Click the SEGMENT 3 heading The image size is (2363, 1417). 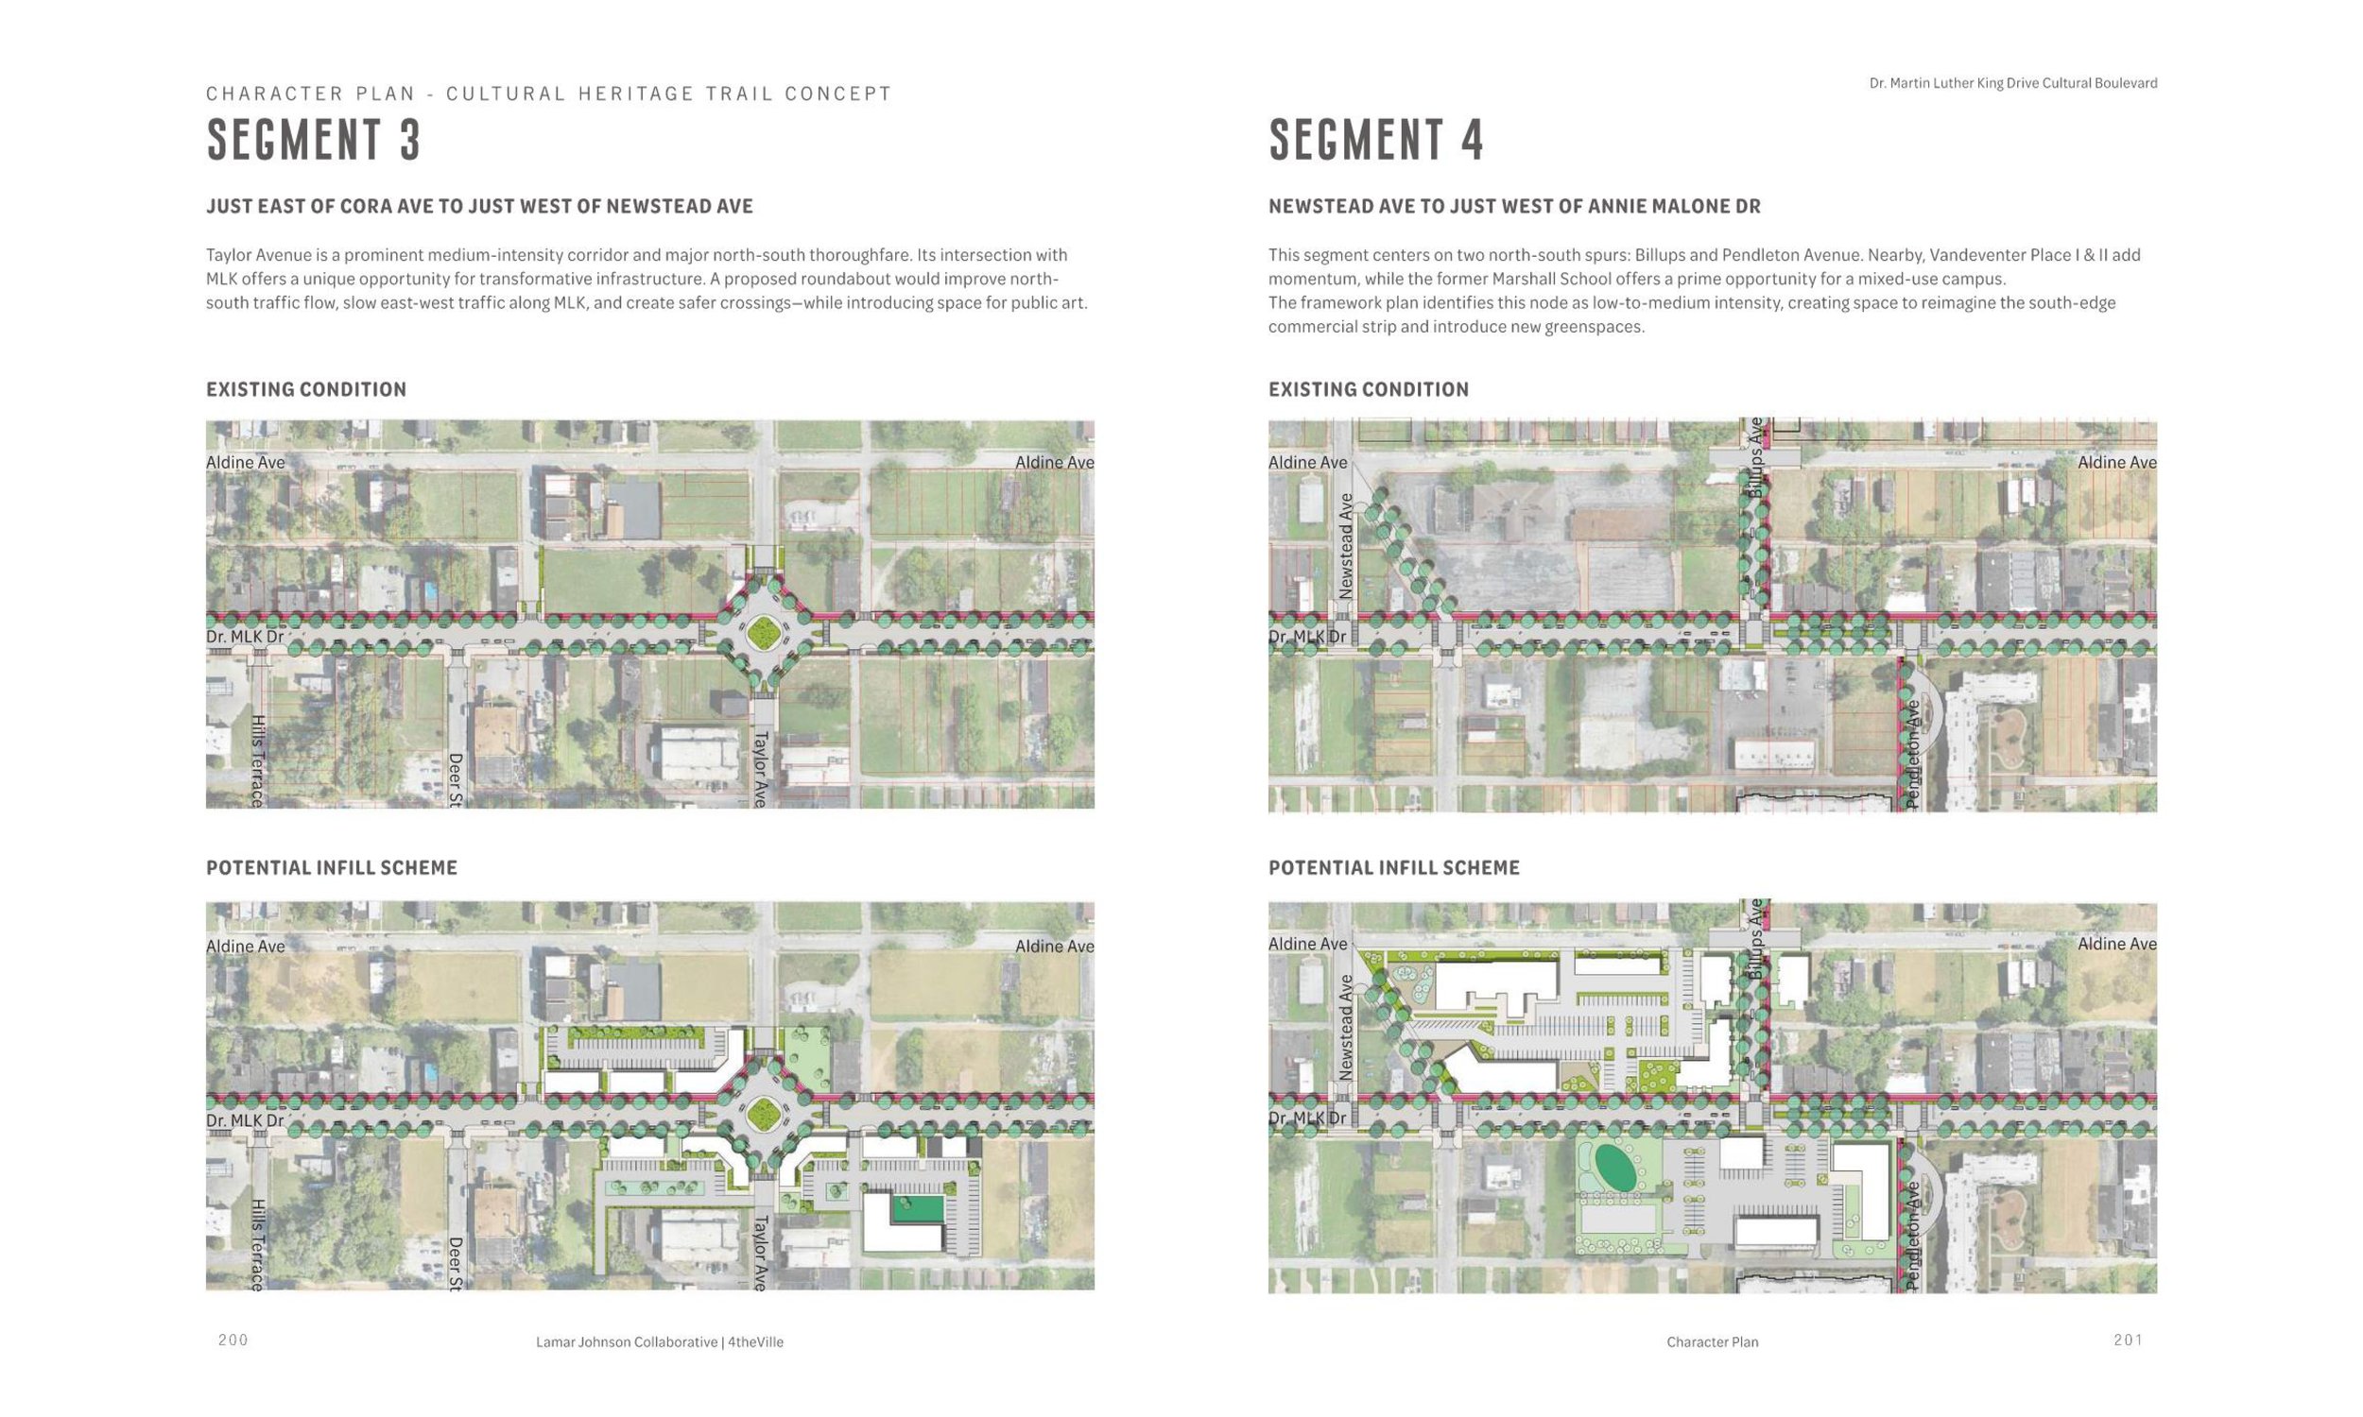tap(313, 140)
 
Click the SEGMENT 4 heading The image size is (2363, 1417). tap(1375, 140)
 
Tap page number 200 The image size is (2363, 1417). tap(233, 1340)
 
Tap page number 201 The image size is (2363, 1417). tap(2128, 1340)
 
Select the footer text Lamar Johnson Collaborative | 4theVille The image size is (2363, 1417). tap(659, 1341)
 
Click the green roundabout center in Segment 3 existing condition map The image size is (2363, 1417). tap(762, 631)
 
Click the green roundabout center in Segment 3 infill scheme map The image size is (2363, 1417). tap(762, 1113)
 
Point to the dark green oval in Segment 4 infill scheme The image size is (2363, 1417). tap(1614, 1168)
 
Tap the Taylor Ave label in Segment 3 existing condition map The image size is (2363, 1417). tap(760, 769)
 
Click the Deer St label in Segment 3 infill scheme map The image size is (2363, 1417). tap(456, 1263)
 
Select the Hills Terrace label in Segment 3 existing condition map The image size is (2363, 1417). tap(257, 760)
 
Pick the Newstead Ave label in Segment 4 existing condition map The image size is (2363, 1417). tap(1346, 545)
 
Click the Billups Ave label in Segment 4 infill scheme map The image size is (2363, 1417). tap(1754, 938)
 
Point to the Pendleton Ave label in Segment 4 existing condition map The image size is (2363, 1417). tap(1912, 755)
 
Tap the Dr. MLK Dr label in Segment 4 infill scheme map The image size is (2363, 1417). tap(1306, 1118)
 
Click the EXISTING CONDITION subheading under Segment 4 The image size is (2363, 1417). tap(1368, 389)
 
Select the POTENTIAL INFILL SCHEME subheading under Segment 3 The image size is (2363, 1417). tap(332, 868)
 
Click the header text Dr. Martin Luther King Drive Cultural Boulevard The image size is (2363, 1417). tap(2012, 83)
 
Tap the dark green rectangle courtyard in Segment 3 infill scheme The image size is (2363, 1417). tap(917, 1209)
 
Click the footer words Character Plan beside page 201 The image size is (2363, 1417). tap(1712, 1341)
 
